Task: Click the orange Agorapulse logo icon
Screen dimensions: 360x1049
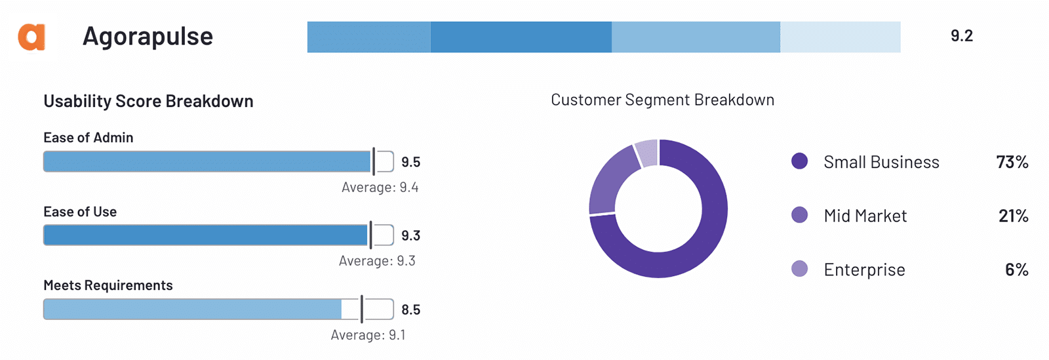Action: [x=31, y=37]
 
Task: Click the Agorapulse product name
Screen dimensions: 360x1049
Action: [x=148, y=37]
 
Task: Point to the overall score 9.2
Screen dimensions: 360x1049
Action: [x=961, y=36]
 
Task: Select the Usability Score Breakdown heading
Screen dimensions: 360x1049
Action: [x=148, y=101]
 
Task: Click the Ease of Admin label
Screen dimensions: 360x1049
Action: [x=88, y=138]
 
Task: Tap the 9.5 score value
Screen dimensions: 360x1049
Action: [x=410, y=162]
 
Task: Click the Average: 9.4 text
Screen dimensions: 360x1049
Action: [x=380, y=188]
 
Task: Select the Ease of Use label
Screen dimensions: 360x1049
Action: [x=80, y=212]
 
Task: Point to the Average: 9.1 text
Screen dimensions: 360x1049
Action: [x=368, y=335]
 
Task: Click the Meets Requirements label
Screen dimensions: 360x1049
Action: [x=108, y=285]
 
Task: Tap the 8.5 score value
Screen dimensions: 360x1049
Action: [x=410, y=310]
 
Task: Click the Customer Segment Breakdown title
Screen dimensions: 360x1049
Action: [x=662, y=100]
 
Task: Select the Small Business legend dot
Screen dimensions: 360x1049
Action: [x=799, y=161]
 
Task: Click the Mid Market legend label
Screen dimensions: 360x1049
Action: [x=865, y=216]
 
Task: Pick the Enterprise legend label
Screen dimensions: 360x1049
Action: [x=864, y=270]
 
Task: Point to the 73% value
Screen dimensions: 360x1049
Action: [x=1012, y=162]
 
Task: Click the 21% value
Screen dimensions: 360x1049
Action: [x=1013, y=216]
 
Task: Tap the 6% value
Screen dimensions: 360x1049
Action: [x=1016, y=270]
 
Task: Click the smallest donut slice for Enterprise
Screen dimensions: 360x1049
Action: [x=646, y=153]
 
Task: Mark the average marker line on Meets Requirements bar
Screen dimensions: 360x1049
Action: [x=362, y=309]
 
